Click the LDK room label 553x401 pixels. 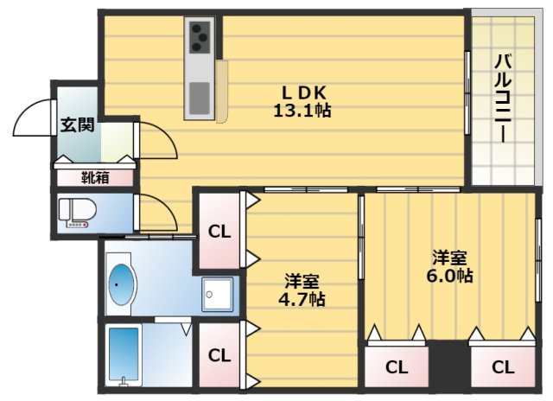tap(303, 93)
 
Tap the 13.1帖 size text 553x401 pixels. tap(302, 111)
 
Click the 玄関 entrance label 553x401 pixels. tap(78, 124)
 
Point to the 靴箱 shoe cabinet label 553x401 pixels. tap(95, 178)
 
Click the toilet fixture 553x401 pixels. tap(77, 213)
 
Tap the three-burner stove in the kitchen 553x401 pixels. tap(200, 37)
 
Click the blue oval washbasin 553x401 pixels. tap(122, 284)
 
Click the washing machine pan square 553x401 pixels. tap(217, 295)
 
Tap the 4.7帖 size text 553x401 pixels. tap(302, 300)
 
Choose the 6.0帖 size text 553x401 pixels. tap(449, 276)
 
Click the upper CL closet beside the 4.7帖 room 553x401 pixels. tap(219, 232)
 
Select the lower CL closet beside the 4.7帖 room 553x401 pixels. tap(219, 355)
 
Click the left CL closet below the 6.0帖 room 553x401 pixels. tap(397, 367)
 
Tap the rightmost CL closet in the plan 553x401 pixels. tap(503, 367)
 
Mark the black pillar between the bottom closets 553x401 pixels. tap(450, 364)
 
